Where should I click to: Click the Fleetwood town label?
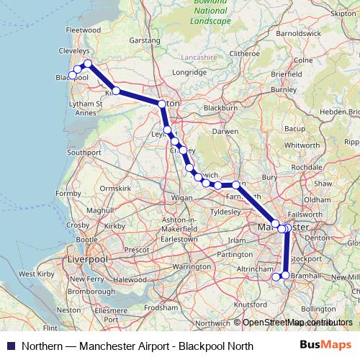click(x=83, y=30)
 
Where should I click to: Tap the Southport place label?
click(x=84, y=153)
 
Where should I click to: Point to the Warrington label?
click(x=190, y=266)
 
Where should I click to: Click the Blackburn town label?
click(x=220, y=107)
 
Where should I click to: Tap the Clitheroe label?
click(x=244, y=53)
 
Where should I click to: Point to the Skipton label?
click(x=342, y=13)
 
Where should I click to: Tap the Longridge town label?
click(x=189, y=73)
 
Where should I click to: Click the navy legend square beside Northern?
click(x=9, y=346)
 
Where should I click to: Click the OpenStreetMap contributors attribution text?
click(x=297, y=323)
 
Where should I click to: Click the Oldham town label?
click(x=317, y=199)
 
